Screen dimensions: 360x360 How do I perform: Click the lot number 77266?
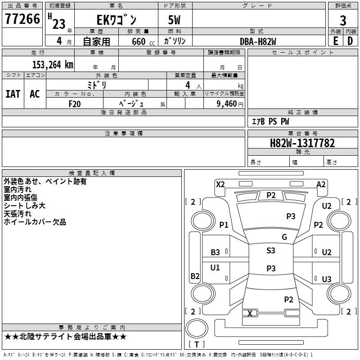pyautogui.click(x=22, y=19)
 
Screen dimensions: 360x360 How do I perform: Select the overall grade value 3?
pyautogui.click(x=343, y=20)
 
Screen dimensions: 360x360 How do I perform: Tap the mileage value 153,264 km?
pyautogui.click(x=53, y=65)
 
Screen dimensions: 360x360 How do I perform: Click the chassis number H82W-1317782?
pyautogui.click(x=302, y=143)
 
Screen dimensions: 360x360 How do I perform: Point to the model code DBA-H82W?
pyautogui.click(x=258, y=41)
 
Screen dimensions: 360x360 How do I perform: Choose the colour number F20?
pyautogui.click(x=75, y=104)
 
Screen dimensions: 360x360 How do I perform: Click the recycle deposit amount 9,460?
pyautogui.click(x=227, y=103)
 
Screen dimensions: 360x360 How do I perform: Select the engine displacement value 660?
pyautogui.click(x=139, y=41)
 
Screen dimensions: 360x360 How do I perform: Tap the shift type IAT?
pyautogui.click(x=13, y=94)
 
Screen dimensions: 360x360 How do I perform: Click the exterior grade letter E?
pyautogui.click(x=336, y=41)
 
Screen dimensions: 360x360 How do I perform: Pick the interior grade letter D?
pyautogui.click(x=350, y=41)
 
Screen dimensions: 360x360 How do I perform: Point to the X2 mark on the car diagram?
pyautogui.click(x=220, y=184)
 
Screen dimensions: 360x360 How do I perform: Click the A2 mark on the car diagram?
pyautogui.click(x=321, y=184)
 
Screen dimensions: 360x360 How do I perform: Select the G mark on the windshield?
pyautogui.click(x=284, y=237)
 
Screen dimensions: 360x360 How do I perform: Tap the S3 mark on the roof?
pyautogui.click(x=271, y=250)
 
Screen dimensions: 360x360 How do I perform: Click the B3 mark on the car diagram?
pyautogui.click(x=215, y=252)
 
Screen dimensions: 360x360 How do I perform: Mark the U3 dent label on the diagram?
pyautogui.click(x=327, y=279)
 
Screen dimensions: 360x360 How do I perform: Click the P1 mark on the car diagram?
pyautogui.click(x=224, y=225)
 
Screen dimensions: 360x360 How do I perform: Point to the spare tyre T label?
pyautogui.click(x=197, y=344)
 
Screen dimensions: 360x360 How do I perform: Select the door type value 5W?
pyautogui.click(x=174, y=20)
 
